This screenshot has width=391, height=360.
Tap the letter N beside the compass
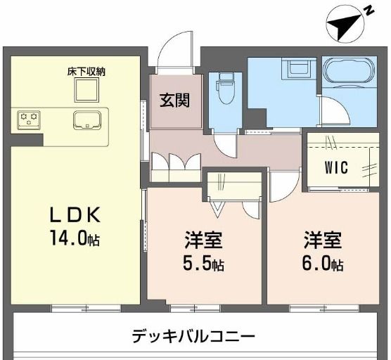368,9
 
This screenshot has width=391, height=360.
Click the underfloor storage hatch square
87,89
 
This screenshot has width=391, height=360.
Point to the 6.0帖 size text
323,265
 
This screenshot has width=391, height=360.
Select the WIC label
337,169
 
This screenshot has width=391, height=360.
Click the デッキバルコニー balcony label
193,335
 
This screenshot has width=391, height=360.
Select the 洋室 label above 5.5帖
205,241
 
